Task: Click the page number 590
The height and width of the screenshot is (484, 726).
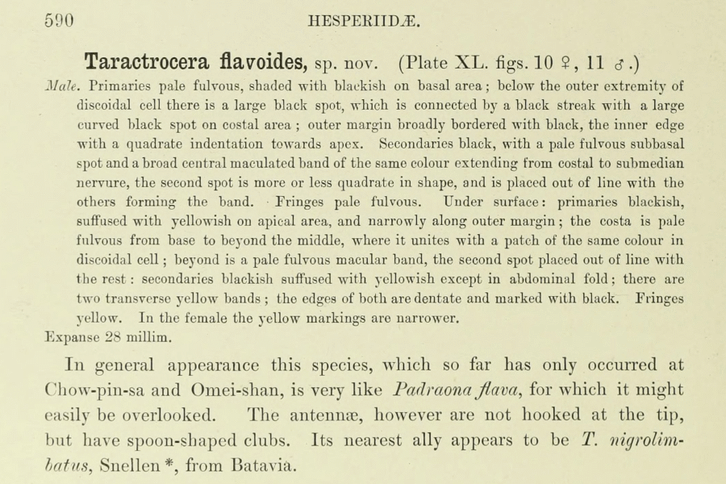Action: pyautogui.click(x=59, y=22)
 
